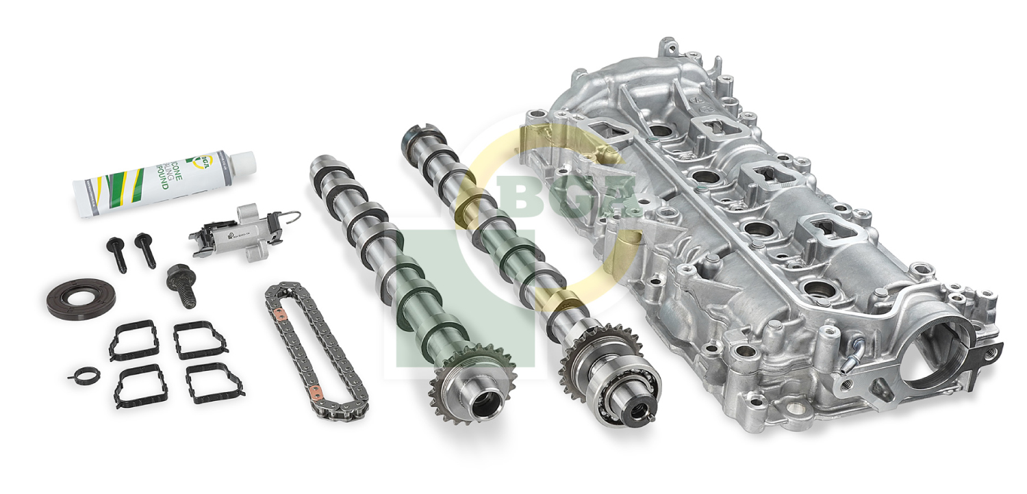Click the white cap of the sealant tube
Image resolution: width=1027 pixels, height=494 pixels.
242,163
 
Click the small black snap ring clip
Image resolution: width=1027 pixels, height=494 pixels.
84,374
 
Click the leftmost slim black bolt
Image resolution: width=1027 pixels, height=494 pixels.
116,255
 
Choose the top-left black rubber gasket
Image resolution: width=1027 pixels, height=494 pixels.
134,340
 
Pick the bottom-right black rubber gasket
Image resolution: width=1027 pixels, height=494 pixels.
214,383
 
